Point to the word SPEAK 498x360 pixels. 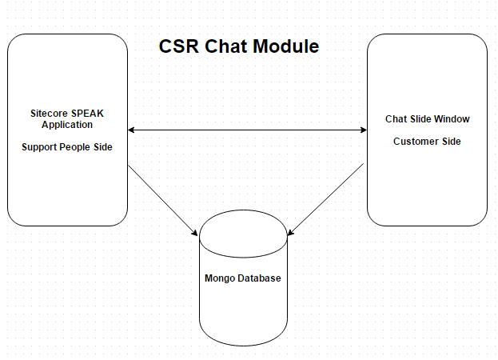pos(88,114)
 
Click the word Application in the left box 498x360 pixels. pos(67,125)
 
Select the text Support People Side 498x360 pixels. pos(67,147)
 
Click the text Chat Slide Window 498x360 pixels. pos(427,119)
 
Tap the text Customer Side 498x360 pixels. pos(427,142)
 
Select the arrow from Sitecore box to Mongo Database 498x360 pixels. pos(163,200)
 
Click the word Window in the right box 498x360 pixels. pos(452,119)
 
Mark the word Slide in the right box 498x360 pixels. pos(420,119)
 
